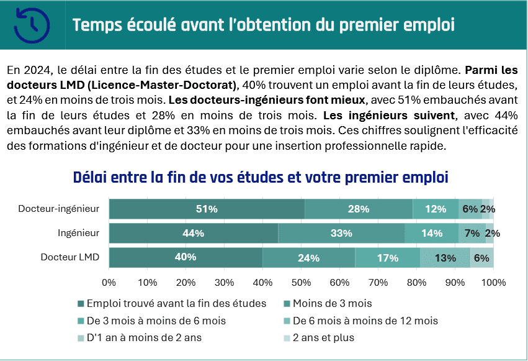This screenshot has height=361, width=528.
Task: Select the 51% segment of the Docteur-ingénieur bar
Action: [207, 209]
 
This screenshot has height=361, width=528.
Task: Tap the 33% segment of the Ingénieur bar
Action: [341, 233]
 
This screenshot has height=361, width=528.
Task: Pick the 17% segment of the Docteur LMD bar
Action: [387, 257]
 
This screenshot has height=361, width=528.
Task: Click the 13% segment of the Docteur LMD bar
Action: [445, 257]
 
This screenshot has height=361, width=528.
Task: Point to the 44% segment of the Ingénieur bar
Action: [194, 233]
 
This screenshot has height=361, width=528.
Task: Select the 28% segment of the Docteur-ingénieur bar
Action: [359, 209]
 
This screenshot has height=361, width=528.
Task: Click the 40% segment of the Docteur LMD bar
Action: [186, 257]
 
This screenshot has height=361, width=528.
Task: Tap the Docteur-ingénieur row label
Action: [59, 209]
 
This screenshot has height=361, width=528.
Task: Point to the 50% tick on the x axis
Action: [302, 282]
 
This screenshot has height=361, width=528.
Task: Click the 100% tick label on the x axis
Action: [493, 282]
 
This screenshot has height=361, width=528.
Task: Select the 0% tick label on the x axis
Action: [109, 282]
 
